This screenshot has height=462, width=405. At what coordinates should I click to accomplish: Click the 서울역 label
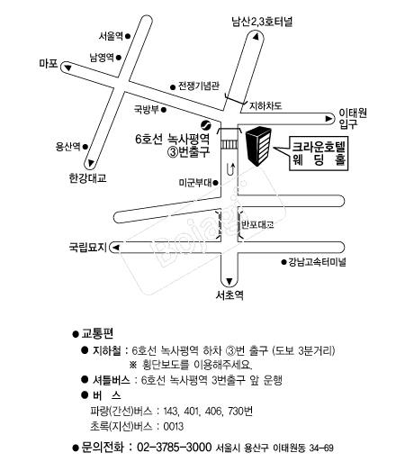[111, 36]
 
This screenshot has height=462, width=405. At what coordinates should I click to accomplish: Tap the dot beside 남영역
[119, 57]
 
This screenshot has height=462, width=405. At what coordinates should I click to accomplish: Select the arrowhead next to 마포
[68, 68]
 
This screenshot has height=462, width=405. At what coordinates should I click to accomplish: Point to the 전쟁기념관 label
[199, 86]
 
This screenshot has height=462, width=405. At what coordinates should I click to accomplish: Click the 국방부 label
[146, 109]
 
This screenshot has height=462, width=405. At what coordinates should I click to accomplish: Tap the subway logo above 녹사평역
[206, 124]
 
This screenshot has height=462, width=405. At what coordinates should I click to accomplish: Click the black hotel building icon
[258, 146]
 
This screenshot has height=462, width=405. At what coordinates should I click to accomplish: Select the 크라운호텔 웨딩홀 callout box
[319, 154]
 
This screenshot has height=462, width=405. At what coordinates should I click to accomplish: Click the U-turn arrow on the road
[230, 169]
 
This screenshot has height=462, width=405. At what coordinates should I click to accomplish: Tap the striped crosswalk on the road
[229, 145]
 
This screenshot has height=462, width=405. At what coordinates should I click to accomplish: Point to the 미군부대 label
[195, 183]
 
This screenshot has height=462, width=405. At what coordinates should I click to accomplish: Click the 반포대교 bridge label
[257, 224]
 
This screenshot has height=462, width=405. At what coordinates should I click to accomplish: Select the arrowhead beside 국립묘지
[116, 248]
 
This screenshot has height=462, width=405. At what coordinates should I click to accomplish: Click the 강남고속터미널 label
[317, 262]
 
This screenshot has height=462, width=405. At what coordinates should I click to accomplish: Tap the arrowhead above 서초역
[229, 281]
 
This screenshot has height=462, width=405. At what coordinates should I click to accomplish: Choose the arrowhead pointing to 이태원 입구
[329, 119]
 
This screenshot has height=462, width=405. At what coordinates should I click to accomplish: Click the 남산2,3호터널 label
[262, 22]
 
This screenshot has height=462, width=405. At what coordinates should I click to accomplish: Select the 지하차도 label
[265, 105]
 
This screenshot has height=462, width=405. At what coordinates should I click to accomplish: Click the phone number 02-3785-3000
[175, 447]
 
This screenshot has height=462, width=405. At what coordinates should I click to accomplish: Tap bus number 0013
[174, 426]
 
